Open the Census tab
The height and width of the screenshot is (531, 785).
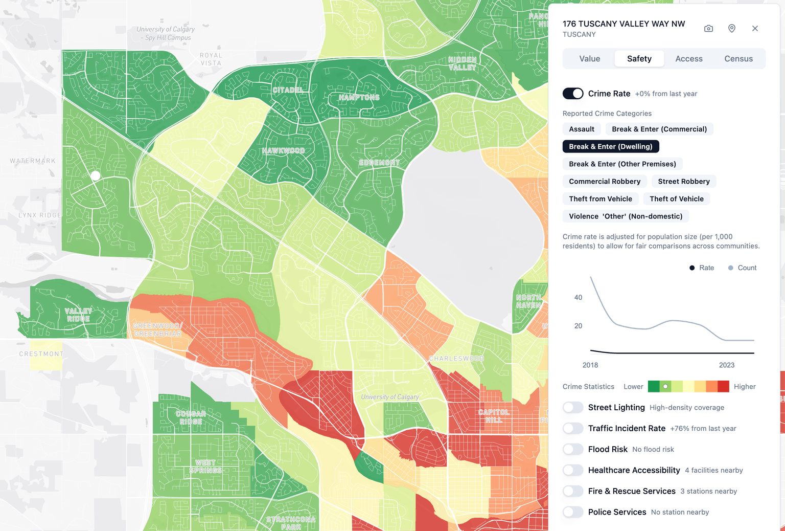(738, 59)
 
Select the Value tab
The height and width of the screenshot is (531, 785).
(589, 59)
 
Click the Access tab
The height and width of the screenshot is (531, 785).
(688, 59)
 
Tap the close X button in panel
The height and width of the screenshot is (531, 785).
(755, 29)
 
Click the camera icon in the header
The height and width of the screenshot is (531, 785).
(708, 29)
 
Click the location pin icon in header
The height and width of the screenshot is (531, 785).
(731, 29)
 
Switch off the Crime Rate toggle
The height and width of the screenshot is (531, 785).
(573, 94)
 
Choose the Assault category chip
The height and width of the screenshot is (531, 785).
(581, 129)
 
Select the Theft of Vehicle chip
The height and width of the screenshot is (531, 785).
(676, 199)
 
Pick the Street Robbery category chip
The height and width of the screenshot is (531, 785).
(683, 182)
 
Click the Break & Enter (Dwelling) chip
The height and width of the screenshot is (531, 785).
(610, 147)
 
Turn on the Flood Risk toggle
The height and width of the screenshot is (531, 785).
(573, 449)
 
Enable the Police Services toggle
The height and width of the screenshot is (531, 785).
(573, 512)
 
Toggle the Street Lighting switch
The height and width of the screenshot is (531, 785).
(573, 407)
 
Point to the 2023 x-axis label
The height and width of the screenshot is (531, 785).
(726, 365)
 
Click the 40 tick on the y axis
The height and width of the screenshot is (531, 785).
(578, 297)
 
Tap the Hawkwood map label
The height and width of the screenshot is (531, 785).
(283, 151)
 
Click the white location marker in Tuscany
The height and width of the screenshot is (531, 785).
(96, 175)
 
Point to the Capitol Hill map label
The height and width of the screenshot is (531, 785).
(493, 416)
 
